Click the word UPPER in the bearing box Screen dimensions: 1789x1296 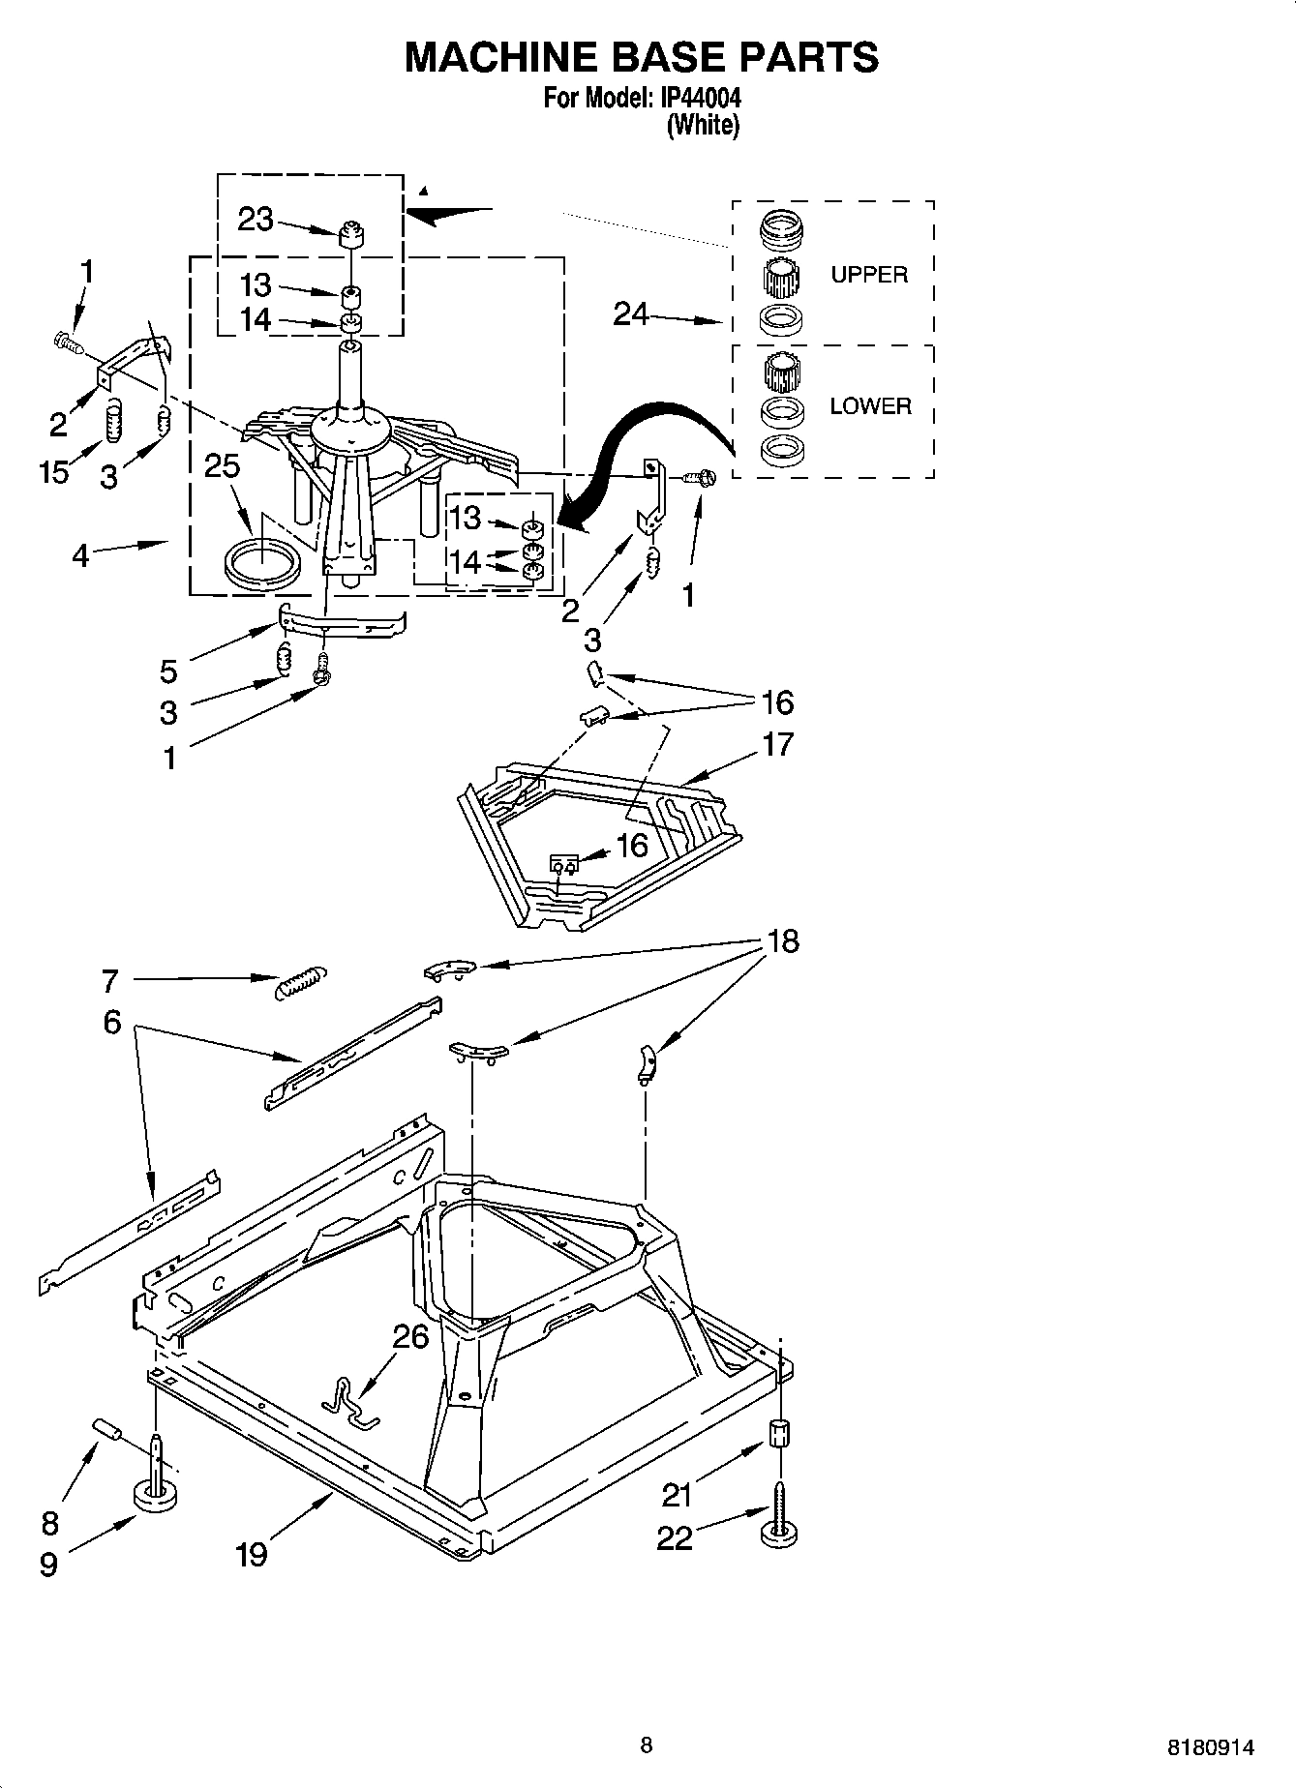coord(869,275)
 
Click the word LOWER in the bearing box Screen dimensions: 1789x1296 coord(870,406)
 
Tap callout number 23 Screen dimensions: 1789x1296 coord(256,221)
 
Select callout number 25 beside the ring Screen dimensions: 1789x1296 coord(222,466)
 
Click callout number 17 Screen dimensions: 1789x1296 coord(777,744)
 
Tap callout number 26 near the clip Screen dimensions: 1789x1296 coord(410,1337)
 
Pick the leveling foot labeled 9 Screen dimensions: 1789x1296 coord(155,1495)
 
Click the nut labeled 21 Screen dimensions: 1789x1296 coord(781,1433)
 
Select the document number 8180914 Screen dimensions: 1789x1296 coord(1211,1747)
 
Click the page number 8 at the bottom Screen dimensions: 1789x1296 coord(647,1744)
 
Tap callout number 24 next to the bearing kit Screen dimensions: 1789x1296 coord(631,313)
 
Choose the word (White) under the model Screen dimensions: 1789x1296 coord(703,125)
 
